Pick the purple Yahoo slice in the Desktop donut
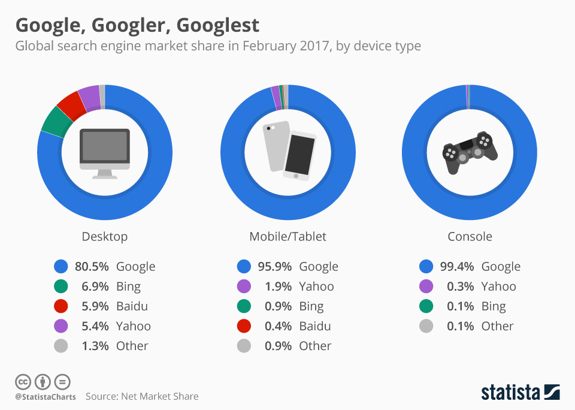click(x=89, y=95)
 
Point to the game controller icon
click(x=470, y=152)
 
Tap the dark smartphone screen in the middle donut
click(x=299, y=154)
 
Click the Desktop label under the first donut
click(x=105, y=237)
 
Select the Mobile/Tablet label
click(x=287, y=237)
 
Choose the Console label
click(x=470, y=237)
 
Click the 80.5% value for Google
click(x=92, y=267)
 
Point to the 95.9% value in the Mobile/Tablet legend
click(x=274, y=267)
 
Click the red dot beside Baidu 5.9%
click(x=60, y=306)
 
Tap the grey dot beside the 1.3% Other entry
click(x=60, y=346)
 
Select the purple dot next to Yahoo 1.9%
click(x=244, y=287)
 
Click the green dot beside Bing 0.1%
click(x=426, y=306)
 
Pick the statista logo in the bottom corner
click(x=520, y=393)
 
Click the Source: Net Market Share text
click(x=142, y=396)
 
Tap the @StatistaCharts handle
click(x=46, y=397)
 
